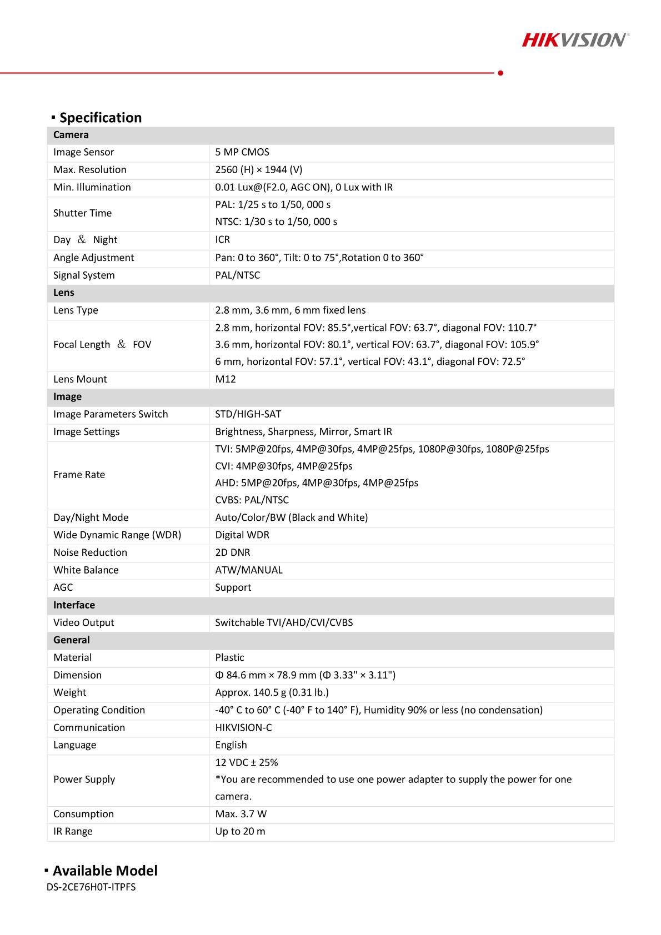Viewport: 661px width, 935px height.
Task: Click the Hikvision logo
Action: (575, 39)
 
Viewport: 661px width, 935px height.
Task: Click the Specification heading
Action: (100, 118)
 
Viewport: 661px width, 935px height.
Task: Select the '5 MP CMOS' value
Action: (242, 152)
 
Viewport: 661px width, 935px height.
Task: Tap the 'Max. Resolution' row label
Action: (90, 170)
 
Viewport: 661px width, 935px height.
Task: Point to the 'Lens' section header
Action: (64, 293)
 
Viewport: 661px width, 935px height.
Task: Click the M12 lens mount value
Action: (226, 379)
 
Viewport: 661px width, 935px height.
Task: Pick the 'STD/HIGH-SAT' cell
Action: (248, 414)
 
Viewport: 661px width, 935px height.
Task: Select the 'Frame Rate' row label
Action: (79, 475)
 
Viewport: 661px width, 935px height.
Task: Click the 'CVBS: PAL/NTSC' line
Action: (252, 500)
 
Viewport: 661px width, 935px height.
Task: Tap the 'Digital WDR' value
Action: (242, 535)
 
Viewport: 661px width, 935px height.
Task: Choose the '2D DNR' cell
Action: (233, 552)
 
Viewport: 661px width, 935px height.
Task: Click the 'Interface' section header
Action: (74, 605)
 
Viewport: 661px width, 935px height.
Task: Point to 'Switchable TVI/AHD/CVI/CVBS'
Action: (284, 622)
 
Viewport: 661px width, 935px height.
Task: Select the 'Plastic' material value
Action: (230, 657)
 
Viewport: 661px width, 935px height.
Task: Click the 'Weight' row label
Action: (70, 692)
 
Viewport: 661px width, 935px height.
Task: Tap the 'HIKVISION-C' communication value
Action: (244, 727)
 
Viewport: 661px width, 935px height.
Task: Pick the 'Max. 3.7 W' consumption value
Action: (241, 814)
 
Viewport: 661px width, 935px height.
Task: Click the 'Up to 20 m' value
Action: (240, 831)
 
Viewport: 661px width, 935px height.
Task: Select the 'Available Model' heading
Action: (105, 871)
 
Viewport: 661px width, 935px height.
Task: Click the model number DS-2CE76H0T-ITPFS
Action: (92, 887)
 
